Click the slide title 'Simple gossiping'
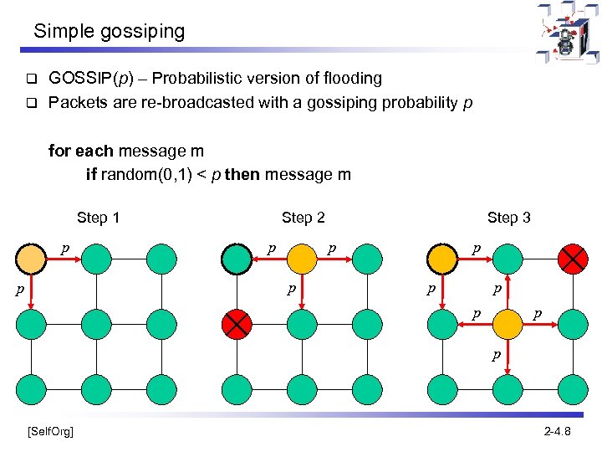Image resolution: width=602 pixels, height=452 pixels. pyautogui.click(x=109, y=32)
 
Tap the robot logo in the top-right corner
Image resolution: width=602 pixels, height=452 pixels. pyautogui.click(x=568, y=33)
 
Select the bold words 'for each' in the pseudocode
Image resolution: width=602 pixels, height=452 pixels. pyautogui.click(x=81, y=152)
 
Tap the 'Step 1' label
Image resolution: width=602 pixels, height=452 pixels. pyautogui.click(x=98, y=218)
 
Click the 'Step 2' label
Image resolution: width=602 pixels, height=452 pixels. pyautogui.click(x=303, y=218)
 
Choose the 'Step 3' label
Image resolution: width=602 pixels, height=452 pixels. pyautogui.click(x=508, y=218)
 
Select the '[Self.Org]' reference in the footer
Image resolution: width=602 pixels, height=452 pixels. pyautogui.click(x=50, y=431)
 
